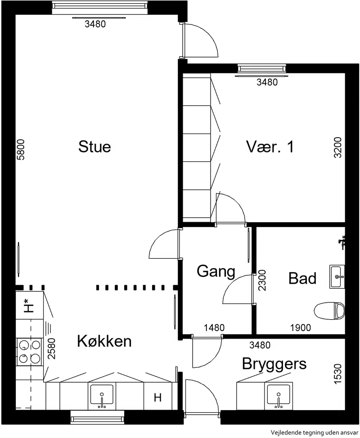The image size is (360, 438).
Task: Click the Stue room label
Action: click(94, 147)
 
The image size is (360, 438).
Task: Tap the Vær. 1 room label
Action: click(270, 146)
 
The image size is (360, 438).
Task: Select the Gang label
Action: click(216, 272)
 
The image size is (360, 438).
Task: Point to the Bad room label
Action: click(302, 278)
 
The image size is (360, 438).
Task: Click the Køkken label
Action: click(104, 341)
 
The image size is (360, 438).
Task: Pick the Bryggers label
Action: click(274, 364)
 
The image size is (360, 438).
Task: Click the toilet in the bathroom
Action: click(329, 311)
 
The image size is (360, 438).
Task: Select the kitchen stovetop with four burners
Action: click(29, 351)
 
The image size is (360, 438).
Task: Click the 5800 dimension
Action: click(21, 149)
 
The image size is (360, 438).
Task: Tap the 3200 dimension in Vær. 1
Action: click(338, 147)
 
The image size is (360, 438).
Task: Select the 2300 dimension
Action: click(262, 280)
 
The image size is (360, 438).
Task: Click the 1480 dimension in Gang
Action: click(214, 328)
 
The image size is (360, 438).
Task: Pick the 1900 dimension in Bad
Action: click(301, 328)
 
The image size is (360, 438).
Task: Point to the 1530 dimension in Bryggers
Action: click(338, 374)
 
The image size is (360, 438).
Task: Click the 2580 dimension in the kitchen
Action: click(52, 349)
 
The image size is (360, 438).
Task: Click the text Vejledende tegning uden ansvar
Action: click(315, 433)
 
